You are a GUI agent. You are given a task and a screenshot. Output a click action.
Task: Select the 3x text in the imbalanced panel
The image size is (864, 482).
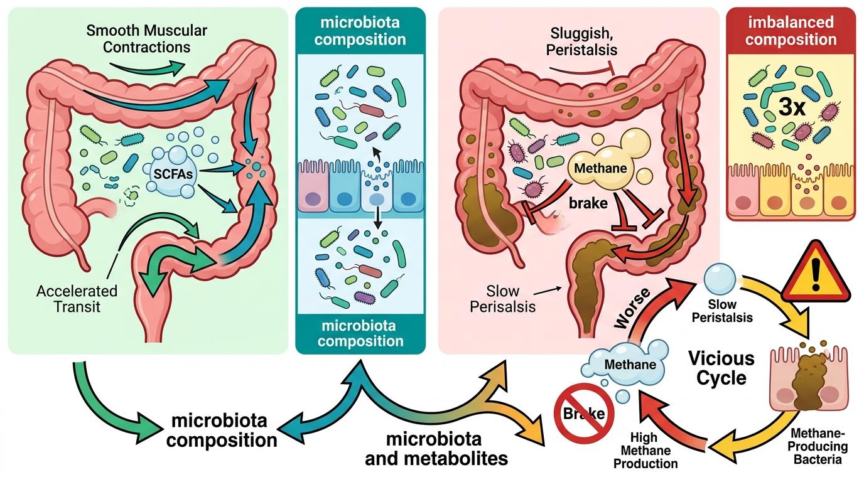[x=792, y=107]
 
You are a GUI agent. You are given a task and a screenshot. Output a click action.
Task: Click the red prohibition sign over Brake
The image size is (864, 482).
[x=583, y=413]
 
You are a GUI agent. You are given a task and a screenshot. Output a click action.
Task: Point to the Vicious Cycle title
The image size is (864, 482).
[x=721, y=368]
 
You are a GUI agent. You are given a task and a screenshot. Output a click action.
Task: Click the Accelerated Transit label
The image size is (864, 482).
[x=77, y=299]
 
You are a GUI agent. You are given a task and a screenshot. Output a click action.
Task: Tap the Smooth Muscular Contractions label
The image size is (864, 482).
[x=146, y=38]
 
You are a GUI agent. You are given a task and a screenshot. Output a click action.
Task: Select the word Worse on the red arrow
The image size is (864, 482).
[x=632, y=309]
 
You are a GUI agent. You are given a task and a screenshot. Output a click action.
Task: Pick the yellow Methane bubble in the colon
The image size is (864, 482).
[x=600, y=168]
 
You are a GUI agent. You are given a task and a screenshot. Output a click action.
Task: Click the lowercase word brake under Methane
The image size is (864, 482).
[x=588, y=203]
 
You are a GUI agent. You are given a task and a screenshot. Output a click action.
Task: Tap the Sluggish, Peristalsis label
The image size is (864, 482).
[x=581, y=41]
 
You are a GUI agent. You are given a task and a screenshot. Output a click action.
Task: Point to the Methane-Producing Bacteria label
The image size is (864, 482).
[x=818, y=446]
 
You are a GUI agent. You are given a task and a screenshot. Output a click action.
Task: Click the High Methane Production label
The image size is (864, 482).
[x=645, y=451]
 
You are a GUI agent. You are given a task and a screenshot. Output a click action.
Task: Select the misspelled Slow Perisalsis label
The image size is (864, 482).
[x=502, y=299]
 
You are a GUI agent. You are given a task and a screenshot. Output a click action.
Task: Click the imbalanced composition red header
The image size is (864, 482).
[x=791, y=31]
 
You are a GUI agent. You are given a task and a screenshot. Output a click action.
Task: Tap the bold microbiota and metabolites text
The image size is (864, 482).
[x=436, y=449]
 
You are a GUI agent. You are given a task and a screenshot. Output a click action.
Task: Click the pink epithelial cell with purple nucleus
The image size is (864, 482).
[x=313, y=191]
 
